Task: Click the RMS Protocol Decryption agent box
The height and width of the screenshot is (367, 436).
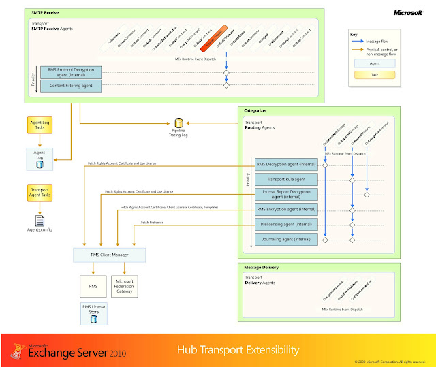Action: point(70,71)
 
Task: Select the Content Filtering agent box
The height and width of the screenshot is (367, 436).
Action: point(70,84)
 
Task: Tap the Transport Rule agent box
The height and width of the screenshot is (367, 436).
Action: point(285,179)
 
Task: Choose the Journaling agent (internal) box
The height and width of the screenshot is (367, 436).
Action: point(285,239)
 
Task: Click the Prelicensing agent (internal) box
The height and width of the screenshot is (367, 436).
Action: point(285,224)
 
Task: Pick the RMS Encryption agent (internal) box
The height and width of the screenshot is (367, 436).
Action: point(285,209)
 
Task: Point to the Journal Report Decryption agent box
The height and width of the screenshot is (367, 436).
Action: point(285,194)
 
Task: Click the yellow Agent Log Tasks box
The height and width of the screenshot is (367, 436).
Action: point(39,125)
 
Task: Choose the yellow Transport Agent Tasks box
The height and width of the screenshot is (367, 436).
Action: point(39,193)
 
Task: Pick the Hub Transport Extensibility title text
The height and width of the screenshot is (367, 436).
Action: point(238,349)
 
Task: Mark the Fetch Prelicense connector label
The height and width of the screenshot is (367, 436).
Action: point(151,223)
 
